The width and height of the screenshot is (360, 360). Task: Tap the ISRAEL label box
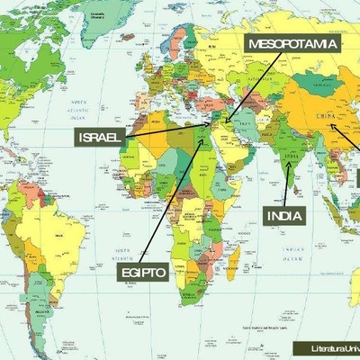[100, 136]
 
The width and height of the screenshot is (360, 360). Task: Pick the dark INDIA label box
[284, 215]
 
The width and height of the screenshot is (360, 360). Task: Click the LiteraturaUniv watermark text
[334, 347]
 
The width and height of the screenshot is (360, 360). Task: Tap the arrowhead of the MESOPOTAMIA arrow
[227, 119]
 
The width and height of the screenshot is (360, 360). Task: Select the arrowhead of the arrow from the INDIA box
[288, 164]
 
